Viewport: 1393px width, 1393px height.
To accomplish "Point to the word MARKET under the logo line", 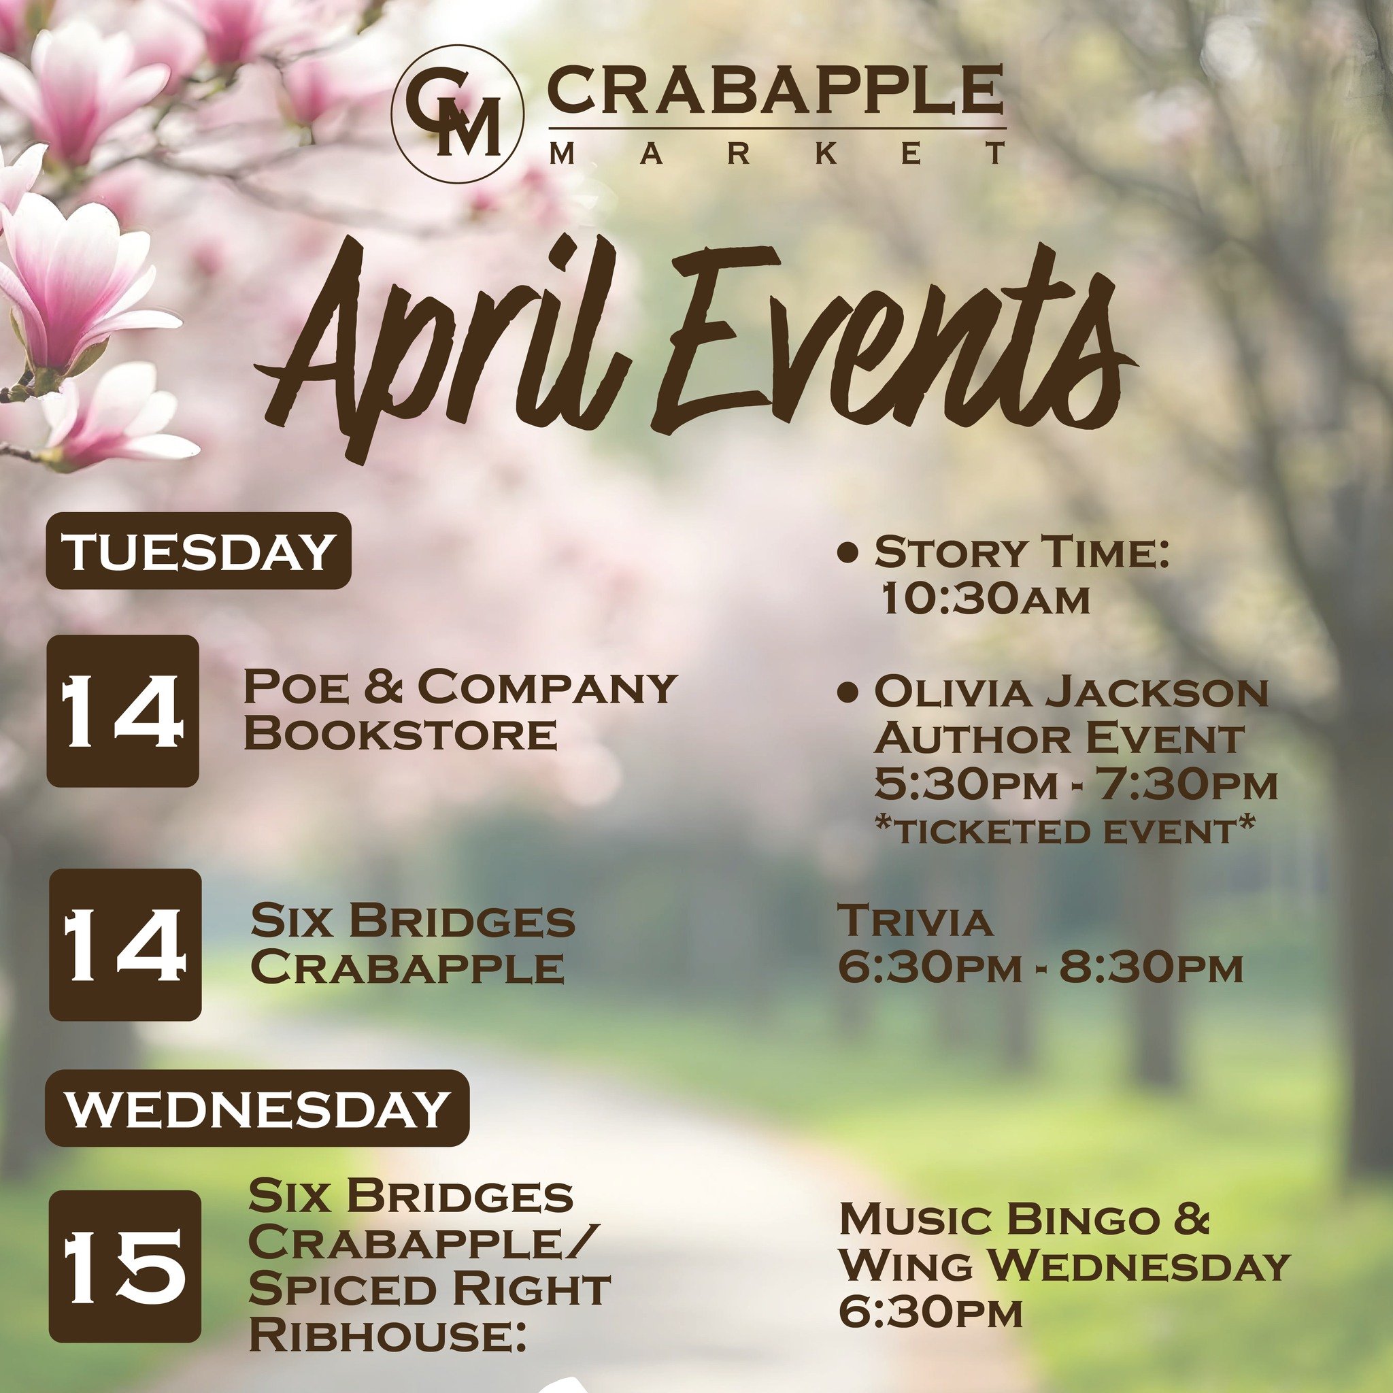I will [x=777, y=154].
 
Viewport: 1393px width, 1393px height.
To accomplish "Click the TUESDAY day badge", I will [x=199, y=552].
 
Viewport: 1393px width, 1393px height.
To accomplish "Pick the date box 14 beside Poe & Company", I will [x=122, y=711].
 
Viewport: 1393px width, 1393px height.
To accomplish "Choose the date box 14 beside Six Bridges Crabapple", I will [x=124, y=945].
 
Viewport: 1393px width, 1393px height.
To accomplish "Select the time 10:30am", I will [x=985, y=599].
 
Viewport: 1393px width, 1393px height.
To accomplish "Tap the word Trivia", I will [x=914, y=921].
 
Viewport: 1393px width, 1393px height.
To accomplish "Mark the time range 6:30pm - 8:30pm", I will [x=1041, y=969].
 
